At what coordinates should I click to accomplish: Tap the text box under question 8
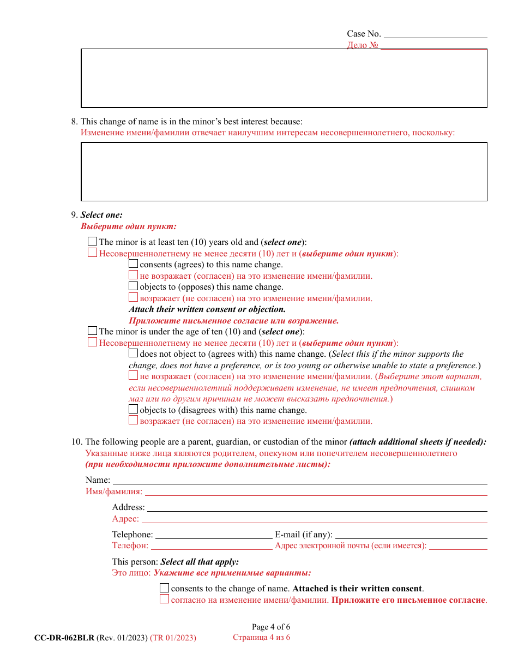[284, 172]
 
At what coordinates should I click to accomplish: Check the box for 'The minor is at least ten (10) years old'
[93, 242]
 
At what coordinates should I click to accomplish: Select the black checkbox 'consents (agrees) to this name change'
[134, 264]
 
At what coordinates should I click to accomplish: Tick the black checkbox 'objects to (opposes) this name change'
[134, 286]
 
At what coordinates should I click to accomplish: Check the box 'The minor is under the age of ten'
[93, 331]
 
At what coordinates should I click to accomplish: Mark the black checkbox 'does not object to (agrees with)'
[134, 354]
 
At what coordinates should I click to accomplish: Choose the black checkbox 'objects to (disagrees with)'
[134, 410]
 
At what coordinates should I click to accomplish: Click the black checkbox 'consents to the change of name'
[165, 588]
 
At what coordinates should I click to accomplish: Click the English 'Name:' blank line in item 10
[299, 481]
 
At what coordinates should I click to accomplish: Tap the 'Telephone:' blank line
[214, 536]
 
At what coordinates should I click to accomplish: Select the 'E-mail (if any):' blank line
[411, 536]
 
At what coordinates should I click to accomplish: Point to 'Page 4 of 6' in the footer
[270, 627]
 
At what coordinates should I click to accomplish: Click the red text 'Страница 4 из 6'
[261, 637]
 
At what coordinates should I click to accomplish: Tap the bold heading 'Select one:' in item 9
[101, 215]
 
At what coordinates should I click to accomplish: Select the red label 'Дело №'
[363, 45]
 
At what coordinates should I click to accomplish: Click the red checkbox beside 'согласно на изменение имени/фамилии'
[165, 600]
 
